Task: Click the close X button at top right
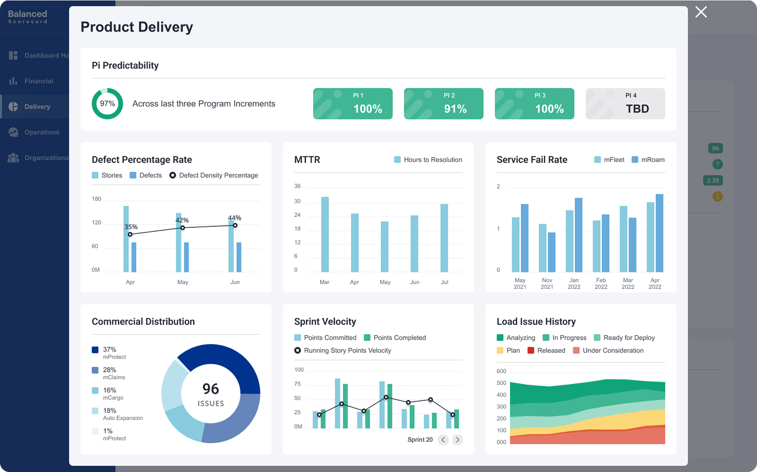pyautogui.click(x=701, y=12)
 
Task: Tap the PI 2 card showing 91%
pyautogui.click(x=443, y=104)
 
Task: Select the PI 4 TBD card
pyautogui.click(x=625, y=104)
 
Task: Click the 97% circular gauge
pyautogui.click(x=107, y=104)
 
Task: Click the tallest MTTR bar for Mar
pyautogui.click(x=325, y=234)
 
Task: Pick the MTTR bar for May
pyautogui.click(x=384, y=247)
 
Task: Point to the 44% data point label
pyautogui.click(x=234, y=218)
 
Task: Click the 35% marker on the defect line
pyautogui.click(x=130, y=234)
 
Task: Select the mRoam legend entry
pyautogui.click(x=648, y=160)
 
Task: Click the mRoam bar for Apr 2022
pyautogui.click(x=659, y=233)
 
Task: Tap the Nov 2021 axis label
pyautogui.click(x=547, y=283)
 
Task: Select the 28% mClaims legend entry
pyautogui.click(x=109, y=373)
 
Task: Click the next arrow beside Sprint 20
pyautogui.click(x=457, y=440)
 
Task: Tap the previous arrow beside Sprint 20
pyautogui.click(x=443, y=440)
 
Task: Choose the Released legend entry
pyautogui.click(x=547, y=350)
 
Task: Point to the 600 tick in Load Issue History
pyautogui.click(x=501, y=371)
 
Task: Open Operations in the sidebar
pyautogui.click(x=42, y=132)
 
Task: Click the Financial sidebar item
pyautogui.click(x=39, y=81)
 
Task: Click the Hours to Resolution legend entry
pyautogui.click(x=428, y=160)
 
